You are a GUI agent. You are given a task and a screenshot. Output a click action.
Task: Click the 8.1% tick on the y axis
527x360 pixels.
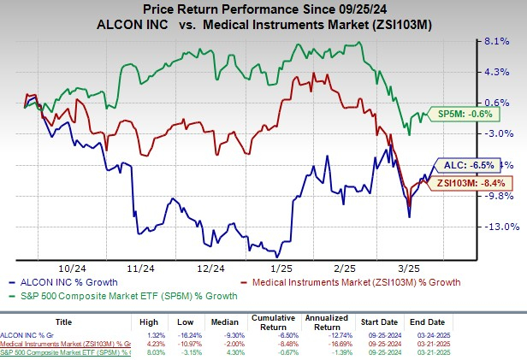[x=498, y=40]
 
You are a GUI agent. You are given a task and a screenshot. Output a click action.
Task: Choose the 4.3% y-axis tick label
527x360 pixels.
[x=498, y=72]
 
